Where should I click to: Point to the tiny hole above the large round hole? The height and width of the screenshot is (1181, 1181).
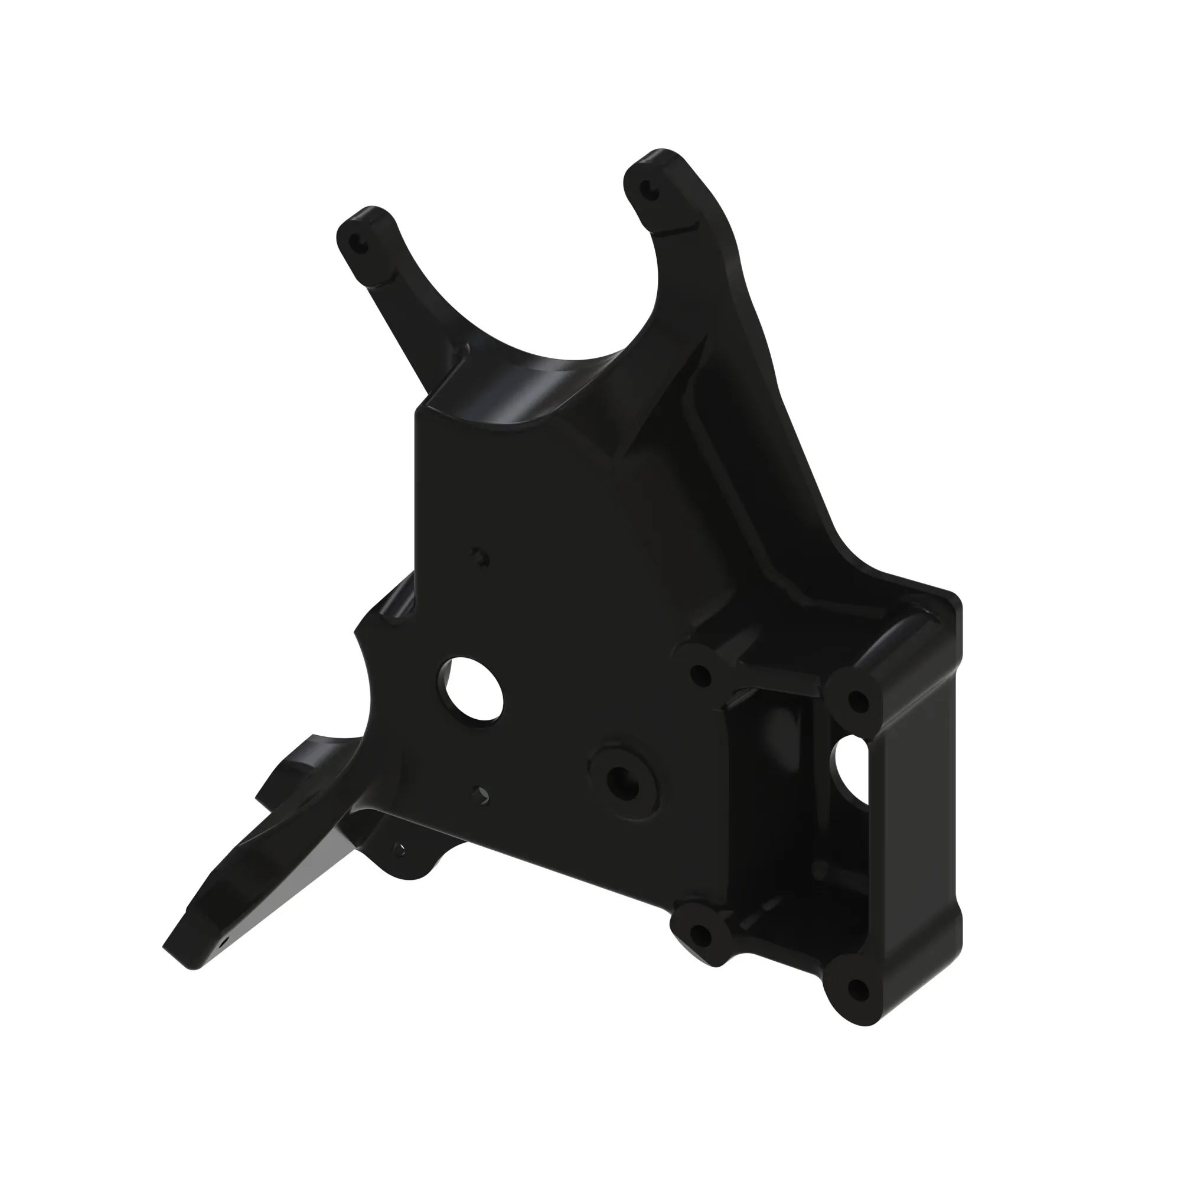[x=479, y=556]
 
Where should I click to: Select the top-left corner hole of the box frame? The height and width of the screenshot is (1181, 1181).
[x=700, y=676]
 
